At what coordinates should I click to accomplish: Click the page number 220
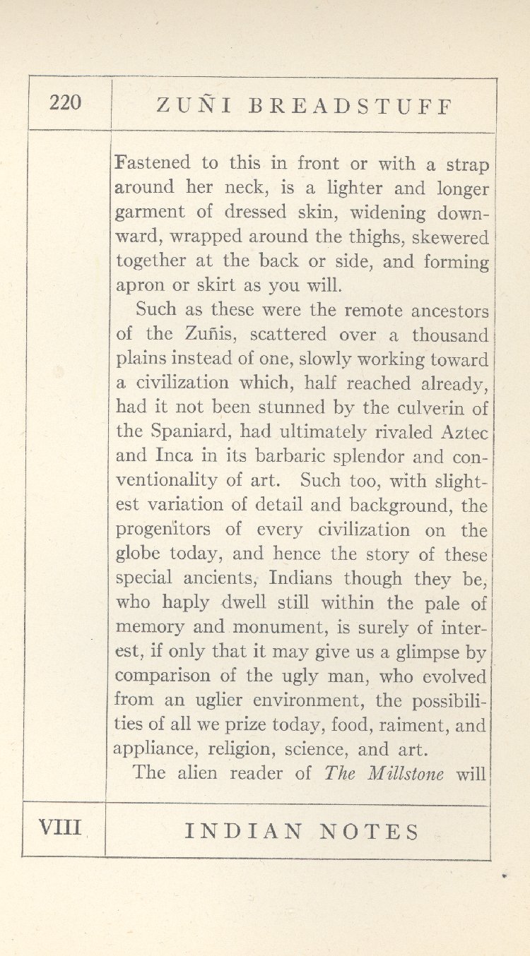tap(66, 103)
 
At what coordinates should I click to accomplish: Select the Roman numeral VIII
tap(61, 826)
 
